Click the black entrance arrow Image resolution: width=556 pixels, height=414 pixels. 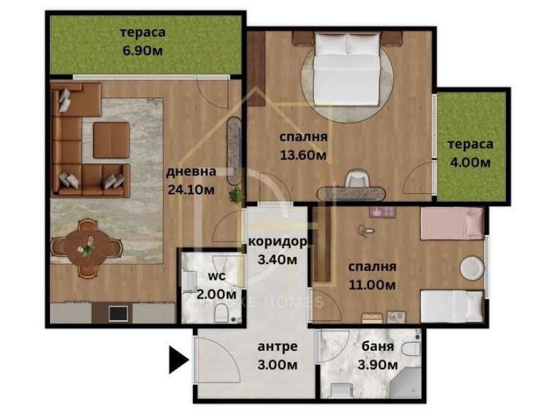pyautogui.click(x=178, y=360)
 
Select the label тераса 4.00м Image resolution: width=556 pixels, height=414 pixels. pyautogui.click(x=469, y=153)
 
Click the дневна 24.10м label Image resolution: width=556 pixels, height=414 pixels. pyautogui.click(x=191, y=181)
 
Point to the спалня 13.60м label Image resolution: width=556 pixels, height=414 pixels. pyautogui.click(x=303, y=145)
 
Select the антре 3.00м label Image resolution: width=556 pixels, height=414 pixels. pyautogui.click(x=277, y=355)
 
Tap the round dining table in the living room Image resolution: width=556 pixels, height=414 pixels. pyautogui.click(x=87, y=248)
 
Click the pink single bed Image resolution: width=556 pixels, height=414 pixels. pyautogui.click(x=451, y=223)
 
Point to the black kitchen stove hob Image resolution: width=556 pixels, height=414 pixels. pyautogui.click(x=117, y=313)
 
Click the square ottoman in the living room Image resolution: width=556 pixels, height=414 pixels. pyautogui.click(x=111, y=139)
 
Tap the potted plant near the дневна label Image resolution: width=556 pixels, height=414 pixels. pyautogui.click(x=235, y=195)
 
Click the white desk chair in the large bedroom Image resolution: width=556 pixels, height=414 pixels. pyautogui.click(x=356, y=179)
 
